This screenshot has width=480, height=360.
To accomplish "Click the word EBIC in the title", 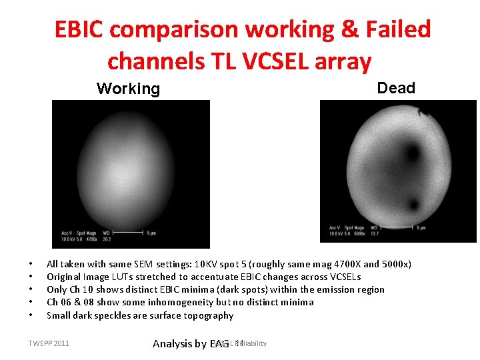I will click(80, 29).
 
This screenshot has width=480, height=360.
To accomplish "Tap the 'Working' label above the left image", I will click(128, 89).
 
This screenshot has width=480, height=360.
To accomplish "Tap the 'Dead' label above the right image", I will click(396, 88).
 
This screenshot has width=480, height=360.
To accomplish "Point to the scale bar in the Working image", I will click(129, 233).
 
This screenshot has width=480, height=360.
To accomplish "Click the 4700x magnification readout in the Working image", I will click(89, 239).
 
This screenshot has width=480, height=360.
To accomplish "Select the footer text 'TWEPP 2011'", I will click(49, 343).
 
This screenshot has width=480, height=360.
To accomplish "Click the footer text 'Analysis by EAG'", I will click(191, 344).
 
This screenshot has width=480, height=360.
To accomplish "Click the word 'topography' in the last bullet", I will click(209, 315).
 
